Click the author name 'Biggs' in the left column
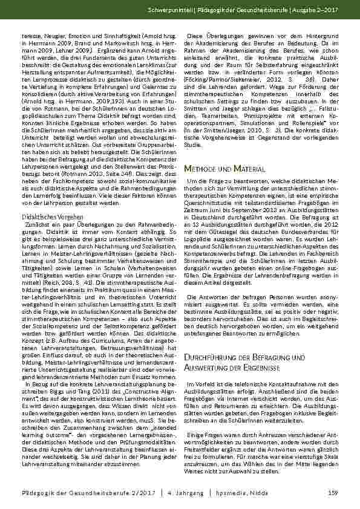[x=76, y=368]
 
